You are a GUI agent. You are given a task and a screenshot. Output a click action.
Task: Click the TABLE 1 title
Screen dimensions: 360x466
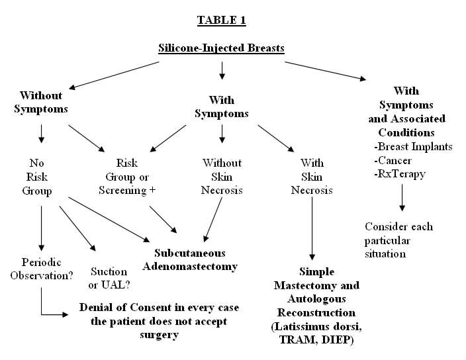222,20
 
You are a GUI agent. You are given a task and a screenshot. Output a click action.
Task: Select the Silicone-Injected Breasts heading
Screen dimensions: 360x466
221,48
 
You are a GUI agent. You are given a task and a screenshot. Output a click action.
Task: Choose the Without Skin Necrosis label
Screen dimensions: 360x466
222,176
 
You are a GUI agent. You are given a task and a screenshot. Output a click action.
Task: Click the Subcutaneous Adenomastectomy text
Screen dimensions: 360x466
190,259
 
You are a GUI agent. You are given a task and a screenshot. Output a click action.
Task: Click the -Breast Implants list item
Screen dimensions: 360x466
414,146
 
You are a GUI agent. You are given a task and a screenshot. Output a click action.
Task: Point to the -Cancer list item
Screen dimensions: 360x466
393,160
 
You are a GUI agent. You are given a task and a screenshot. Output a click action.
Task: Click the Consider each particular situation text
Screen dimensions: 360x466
398,240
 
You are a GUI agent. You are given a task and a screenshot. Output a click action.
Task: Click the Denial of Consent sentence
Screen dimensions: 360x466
159,321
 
